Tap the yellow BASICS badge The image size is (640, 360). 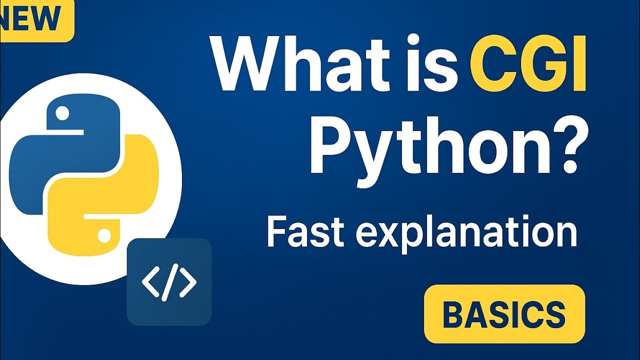point(504,314)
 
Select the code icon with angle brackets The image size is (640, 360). point(169,282)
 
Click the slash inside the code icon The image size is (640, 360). point(169,283)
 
